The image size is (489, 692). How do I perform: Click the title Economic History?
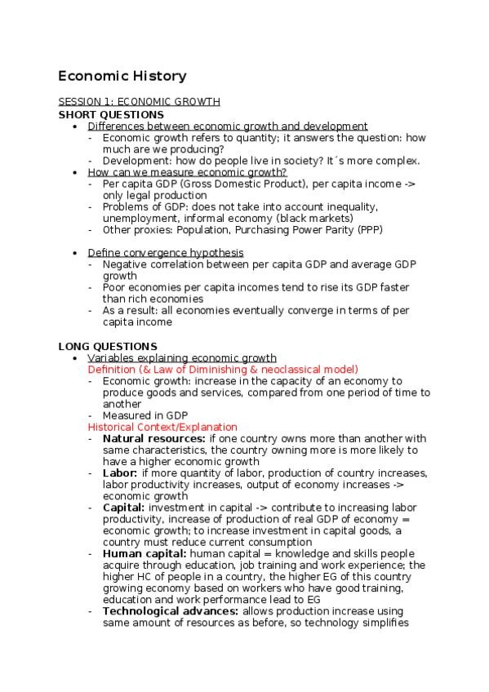click(x=122, y=77)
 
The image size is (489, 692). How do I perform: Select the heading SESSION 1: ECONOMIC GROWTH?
click(x=139, y=102)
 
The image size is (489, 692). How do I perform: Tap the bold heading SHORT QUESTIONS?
click(x=111, y=114)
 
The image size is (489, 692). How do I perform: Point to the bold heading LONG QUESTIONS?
click(x=108, y=347)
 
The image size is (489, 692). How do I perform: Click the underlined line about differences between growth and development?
click(x=228, y=126)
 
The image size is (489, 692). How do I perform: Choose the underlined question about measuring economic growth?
click(x=187, y=172)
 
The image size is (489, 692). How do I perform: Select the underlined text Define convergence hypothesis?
click(x=165, y=253)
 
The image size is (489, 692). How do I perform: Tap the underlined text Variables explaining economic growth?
click(x=182, y=358)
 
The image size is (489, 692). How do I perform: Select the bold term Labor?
click(x=120, y=473)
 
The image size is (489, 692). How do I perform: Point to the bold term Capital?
click(x=123, y=508)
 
